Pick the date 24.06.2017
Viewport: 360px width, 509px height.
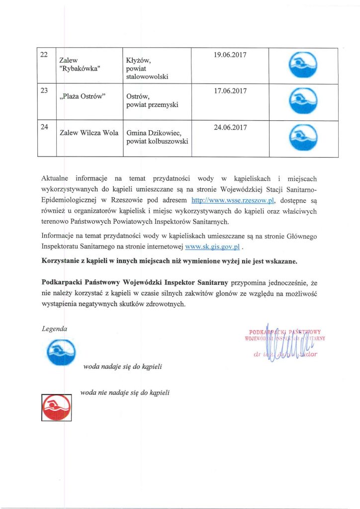pos(230,127)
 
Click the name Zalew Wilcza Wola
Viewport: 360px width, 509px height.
pos(89,133)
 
